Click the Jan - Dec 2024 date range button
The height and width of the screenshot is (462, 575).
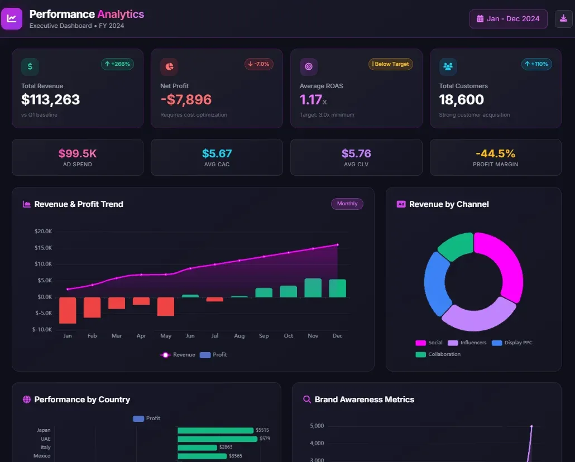508,18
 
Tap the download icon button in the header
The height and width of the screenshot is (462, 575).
563,18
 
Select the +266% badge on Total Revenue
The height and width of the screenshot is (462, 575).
117,64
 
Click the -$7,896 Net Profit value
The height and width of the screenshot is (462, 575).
186,100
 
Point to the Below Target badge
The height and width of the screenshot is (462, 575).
391,64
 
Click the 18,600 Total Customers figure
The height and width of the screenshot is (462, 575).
461,100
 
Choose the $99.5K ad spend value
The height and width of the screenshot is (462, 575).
77,153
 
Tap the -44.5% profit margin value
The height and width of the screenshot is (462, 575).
495,153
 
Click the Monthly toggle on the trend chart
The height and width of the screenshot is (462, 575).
347,204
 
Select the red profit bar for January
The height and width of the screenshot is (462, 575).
68,310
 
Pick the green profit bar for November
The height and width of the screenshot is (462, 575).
313,288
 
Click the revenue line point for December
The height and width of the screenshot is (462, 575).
337,244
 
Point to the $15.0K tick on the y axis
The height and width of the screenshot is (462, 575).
43,248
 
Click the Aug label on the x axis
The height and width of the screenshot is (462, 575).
239,336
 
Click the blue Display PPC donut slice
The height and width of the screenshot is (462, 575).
436,282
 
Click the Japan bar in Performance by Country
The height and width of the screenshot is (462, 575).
215,430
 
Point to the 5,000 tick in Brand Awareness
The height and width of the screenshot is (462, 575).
317,426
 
